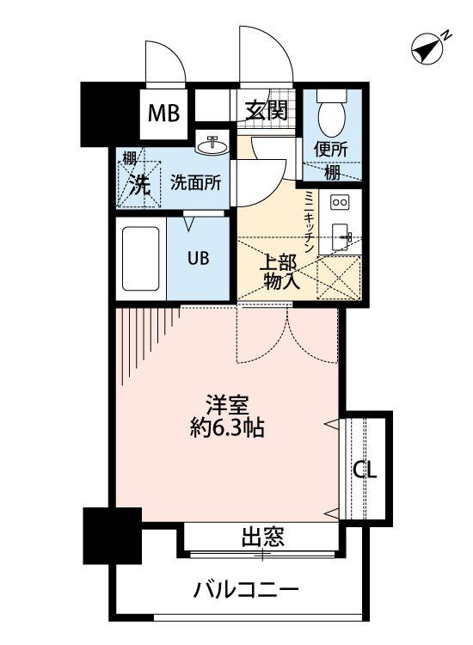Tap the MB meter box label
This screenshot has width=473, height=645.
[x=163, y=113]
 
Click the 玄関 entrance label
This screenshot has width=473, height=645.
[x=266, y=110]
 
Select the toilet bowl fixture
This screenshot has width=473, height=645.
[x=331, y=113]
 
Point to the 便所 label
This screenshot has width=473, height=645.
[x=331, y=149]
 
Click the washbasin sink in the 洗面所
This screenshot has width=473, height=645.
[x=212, y=144]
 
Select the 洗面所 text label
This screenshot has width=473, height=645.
[x=196, y=182]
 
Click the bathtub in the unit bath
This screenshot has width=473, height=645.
[x=141, y=259]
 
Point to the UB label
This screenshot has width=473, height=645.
[x=199, y=258]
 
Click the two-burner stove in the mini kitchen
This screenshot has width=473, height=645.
[x=341, y=202]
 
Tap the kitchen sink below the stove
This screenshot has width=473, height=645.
[x=341, y=237]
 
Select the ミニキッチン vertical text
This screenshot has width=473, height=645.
[x=309, y=222]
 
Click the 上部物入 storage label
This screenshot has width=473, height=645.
[x=279, y=273]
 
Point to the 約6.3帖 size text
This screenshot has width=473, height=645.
[x=227, y=427]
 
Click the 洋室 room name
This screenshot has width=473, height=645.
[x=227, y=404]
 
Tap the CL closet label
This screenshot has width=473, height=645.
[x=365, y=470]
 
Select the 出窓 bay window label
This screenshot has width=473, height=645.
[x=262, y=537]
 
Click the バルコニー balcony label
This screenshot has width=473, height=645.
[x=246, y=591]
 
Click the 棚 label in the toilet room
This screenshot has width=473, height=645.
[x=332, y=172]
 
